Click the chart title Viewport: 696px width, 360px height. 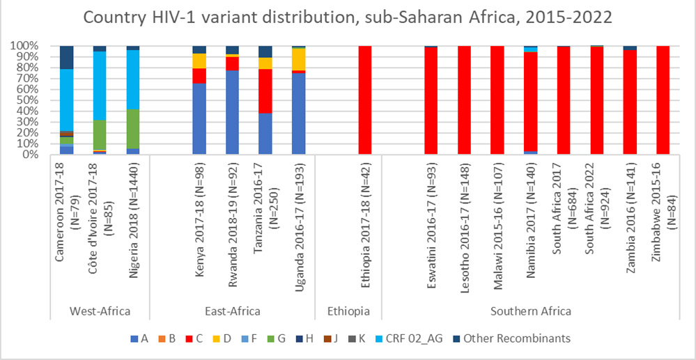pyautogui.click(x=348, y=18)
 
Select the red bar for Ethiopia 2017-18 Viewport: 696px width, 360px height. pyautogui.click(x=365, y=100)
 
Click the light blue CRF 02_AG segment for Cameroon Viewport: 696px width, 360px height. pyautogui.click(x=67, y=100)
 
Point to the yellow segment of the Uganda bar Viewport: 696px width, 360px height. pyautogui.click(x=299, y=59)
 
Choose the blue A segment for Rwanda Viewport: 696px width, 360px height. pyautogui.click(x=233, y=112)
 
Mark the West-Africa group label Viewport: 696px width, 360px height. pyautogui.click(x=100, y=311)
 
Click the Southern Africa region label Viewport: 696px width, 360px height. pyautogui.click(x=530, y=311)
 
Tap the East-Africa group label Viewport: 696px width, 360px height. pyautogui.click(x=233, y=311)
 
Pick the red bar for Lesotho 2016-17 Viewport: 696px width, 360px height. pyautogui.click(x=464, y=100)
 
